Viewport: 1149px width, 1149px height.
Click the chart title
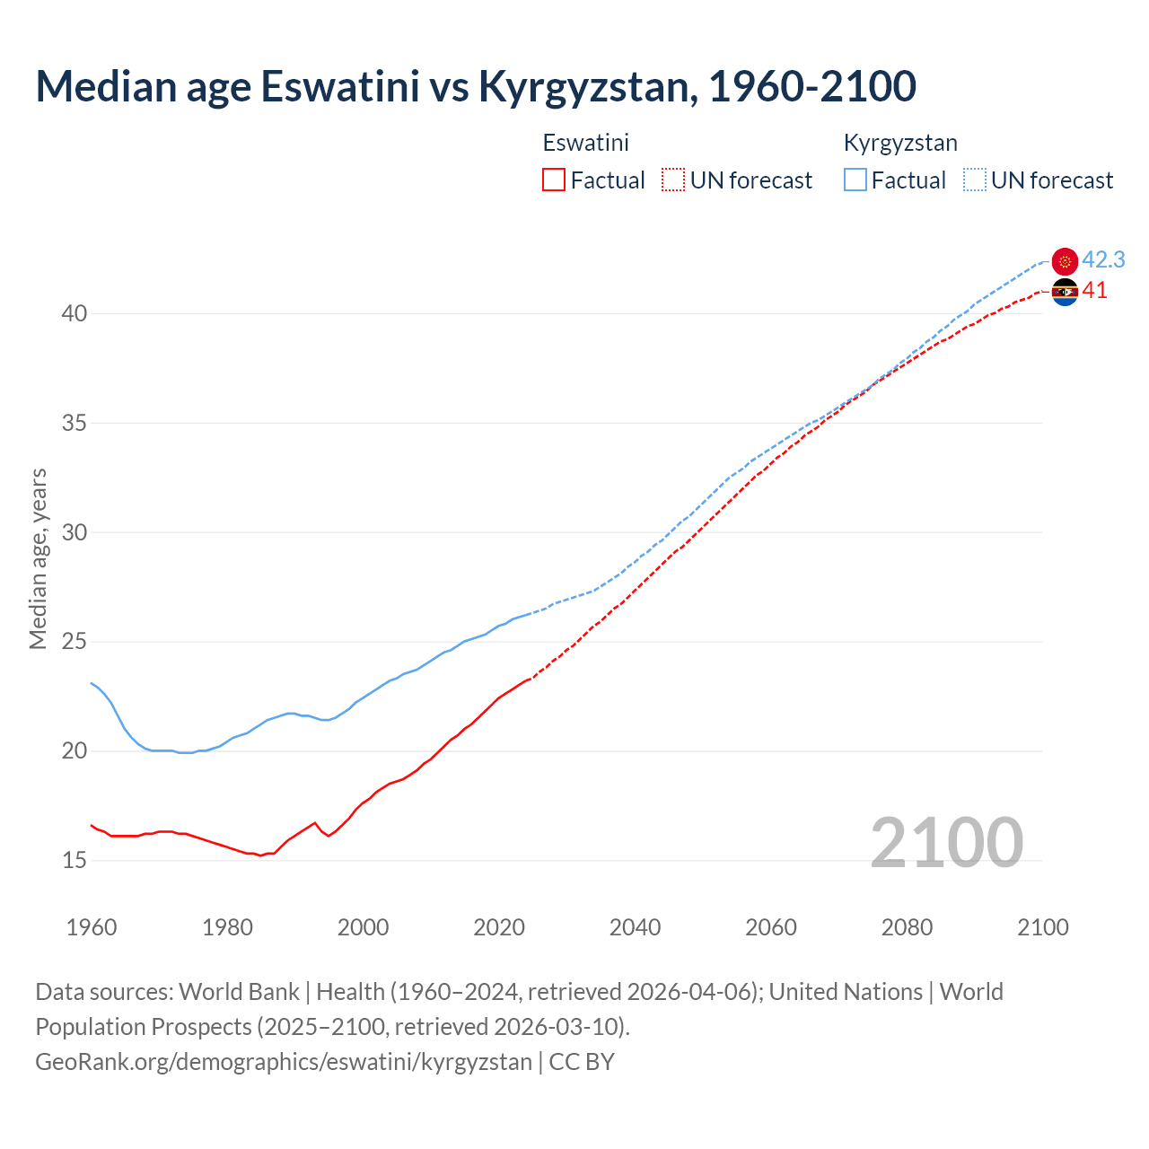click(x=476, y=86)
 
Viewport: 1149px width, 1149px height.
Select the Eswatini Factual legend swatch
click(x=554, y=180)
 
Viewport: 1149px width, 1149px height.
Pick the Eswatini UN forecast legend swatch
click(x=673, y=180)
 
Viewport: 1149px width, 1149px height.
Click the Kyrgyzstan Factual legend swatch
click(x=855, y=180)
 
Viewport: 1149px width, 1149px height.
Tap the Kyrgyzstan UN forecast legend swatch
click(x=975, y=180)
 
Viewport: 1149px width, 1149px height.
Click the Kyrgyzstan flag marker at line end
click(x=1065, y=261)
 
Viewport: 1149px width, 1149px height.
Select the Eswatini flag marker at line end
click(x=1065, y=292)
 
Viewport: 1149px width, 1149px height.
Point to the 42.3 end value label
click(x=1103, y=260)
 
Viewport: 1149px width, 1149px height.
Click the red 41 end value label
click(x=1094, y=291)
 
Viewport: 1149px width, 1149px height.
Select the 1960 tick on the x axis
click(x=92, y=927)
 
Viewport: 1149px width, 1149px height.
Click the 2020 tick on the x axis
click(x=499, y=927)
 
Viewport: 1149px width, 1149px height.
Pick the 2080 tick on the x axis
click(x=907, y=927)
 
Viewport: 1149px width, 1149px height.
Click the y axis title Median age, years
click(x=38, y=558)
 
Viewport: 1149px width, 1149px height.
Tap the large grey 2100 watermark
click(x=946, y=843)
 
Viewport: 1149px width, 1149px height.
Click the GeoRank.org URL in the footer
click(x=284, y=1062)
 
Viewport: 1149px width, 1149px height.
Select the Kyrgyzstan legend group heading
click(x=900, y=143)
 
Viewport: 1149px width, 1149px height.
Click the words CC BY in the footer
click(x=582, y=1062)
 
